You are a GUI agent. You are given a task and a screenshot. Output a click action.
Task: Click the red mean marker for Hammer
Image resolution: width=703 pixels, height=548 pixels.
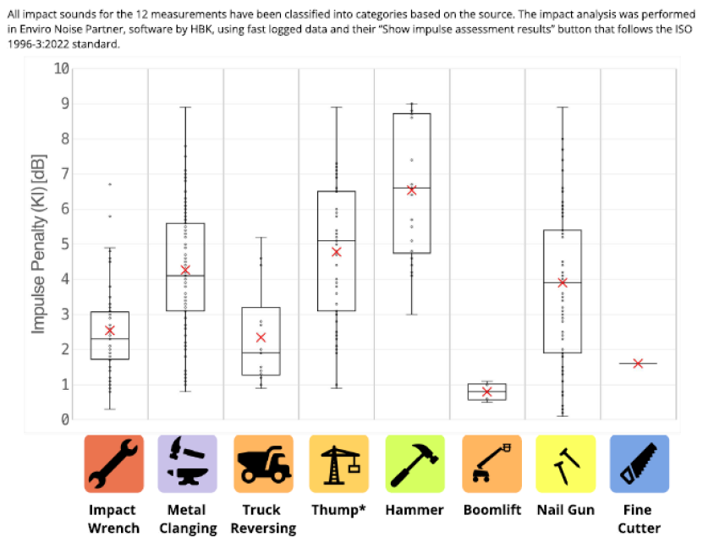click(412, 190)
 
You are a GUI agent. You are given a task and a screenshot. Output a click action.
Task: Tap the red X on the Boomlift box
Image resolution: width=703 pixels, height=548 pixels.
click(486, 392)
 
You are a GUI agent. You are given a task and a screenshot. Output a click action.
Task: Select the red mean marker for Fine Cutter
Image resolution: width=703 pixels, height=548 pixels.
click(638, 363)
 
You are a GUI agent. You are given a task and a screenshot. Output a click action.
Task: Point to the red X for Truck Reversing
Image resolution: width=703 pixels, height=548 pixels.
click(261, 337)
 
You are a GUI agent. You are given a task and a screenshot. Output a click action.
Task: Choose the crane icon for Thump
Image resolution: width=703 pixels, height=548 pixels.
click(338, 463)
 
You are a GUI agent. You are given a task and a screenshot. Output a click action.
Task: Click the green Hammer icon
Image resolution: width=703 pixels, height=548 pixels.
click(414, 463)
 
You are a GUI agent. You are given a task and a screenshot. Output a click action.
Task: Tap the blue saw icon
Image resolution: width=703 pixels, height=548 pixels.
click(639, 463)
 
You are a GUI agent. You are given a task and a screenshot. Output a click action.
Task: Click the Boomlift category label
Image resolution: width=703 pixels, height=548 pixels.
click(490, 510)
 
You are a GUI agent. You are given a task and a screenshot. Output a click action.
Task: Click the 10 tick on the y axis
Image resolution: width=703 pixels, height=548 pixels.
click(62, 68)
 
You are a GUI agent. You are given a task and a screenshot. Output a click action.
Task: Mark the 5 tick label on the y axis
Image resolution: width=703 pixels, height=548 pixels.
click(64, 244)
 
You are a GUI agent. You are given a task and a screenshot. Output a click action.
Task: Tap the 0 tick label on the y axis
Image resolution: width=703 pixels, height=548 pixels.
click(64, 419)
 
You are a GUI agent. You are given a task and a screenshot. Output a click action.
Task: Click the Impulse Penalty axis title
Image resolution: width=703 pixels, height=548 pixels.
click(38, 244)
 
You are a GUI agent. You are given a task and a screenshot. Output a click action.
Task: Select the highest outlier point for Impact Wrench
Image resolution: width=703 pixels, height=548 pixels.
click(110, 184)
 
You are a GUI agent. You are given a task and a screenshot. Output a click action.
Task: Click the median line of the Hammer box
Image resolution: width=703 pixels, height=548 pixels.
click(412, 187)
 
